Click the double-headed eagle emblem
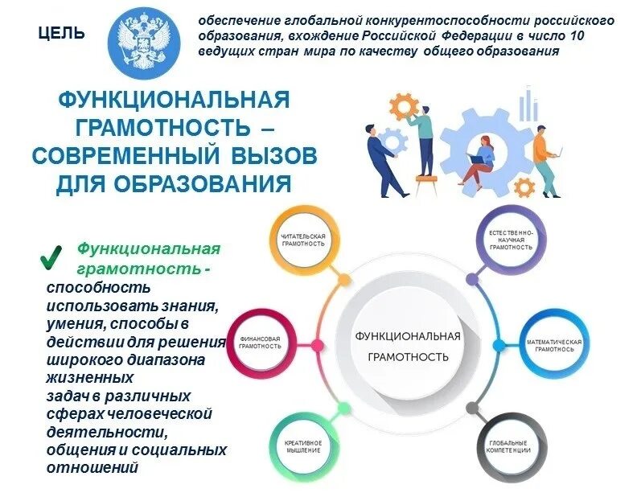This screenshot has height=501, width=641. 142,38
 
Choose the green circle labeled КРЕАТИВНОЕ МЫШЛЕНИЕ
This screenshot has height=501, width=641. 303,446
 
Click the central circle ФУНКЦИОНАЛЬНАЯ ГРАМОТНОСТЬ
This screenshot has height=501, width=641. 408,345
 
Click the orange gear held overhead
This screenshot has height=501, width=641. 404,105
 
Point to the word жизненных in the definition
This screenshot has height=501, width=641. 89,376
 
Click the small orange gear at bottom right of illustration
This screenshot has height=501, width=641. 524,187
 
